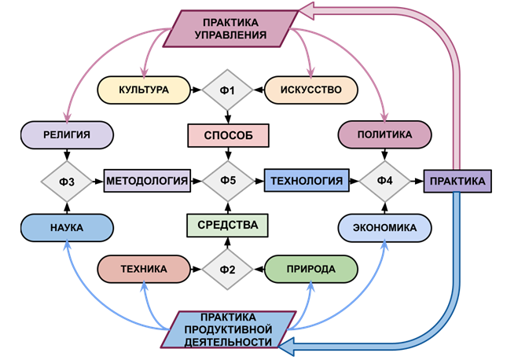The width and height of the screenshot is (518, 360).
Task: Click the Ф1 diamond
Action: tap(228, 90)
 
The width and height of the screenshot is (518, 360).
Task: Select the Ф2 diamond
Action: tap(228, 270)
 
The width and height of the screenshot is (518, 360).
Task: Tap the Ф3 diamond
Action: tap(67, 182)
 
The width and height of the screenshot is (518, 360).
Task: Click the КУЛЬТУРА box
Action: tap(145, 90)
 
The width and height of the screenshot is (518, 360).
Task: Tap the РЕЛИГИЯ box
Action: tap(67, 135)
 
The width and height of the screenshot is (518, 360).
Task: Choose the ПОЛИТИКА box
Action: tap(384, 135)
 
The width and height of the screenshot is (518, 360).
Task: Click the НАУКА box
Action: tap(67, 227)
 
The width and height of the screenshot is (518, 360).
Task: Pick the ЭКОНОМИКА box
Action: tap(384, 227)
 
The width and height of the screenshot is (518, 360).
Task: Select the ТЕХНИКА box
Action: tap(145, 270)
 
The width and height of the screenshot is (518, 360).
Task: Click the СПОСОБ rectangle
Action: tap(228, 135)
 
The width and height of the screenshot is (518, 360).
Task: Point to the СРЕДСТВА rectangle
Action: tap(228, 226)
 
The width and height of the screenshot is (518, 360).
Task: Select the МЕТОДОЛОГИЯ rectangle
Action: tap(147, 182)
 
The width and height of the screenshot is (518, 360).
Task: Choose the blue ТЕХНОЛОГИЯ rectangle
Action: tap(306, 182)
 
